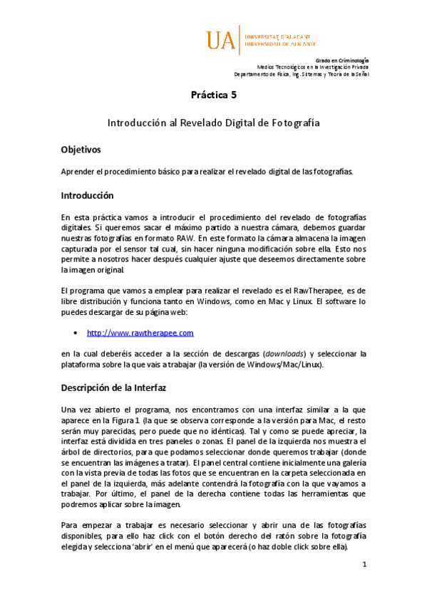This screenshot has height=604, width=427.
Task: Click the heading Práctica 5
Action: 213,95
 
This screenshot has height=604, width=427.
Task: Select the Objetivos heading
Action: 81,150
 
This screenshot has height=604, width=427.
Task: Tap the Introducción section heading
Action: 87,195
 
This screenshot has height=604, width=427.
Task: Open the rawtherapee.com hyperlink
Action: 140,333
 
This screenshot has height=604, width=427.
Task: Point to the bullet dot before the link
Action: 76,333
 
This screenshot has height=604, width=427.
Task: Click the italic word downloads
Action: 286,354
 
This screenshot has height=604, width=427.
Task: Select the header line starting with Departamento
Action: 302,74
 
